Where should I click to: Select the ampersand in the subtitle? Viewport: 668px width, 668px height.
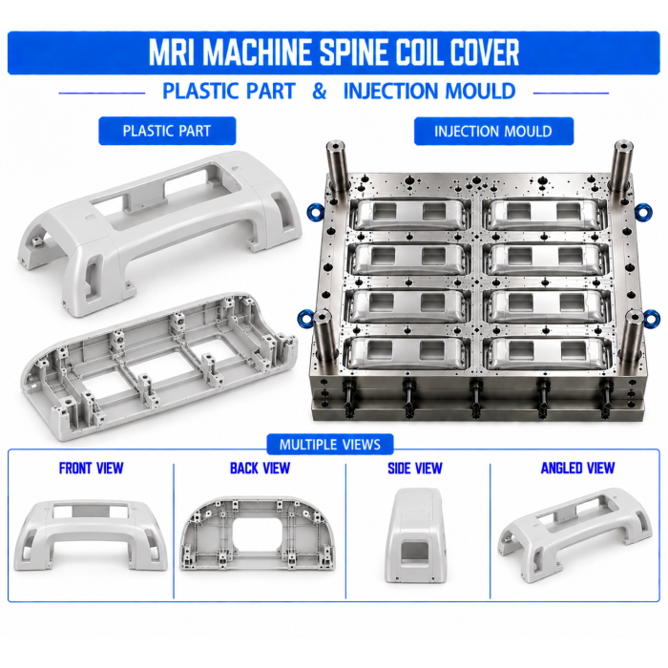pos(320,91)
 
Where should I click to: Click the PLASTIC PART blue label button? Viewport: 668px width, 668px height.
pos(167,131)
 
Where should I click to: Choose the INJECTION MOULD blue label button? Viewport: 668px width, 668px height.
pos(493,131)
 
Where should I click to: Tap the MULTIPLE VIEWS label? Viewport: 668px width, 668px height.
pos(330,445)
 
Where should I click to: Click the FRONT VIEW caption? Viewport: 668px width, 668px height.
pos(92,469)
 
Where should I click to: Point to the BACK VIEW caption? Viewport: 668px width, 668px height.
pos(260,469)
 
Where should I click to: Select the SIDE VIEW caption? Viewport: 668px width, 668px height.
pos(415,469)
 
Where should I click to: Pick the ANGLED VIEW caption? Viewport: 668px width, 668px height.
pos(577,468)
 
